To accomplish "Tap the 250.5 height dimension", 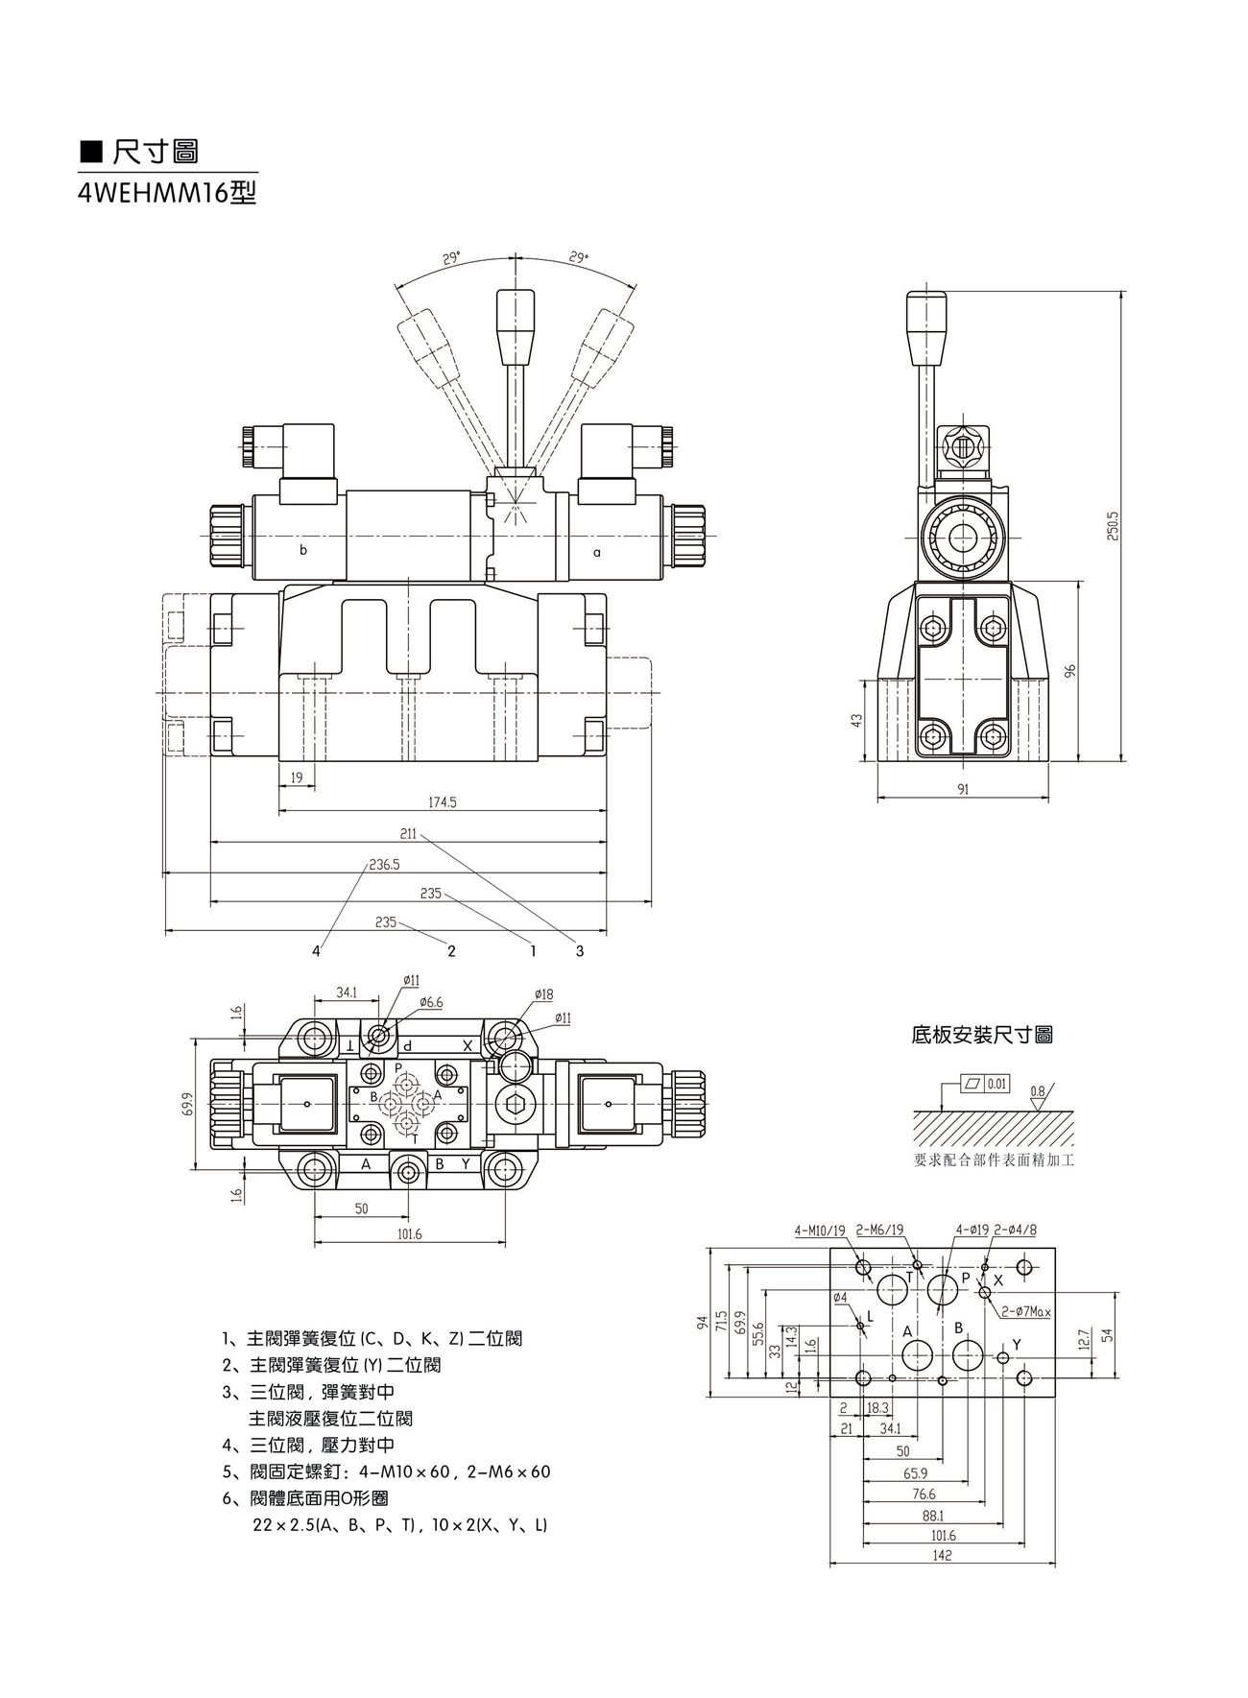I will (x=1112, y=526).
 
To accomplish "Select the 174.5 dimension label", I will (x=442, y=802).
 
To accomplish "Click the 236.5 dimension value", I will (x=384, y=864).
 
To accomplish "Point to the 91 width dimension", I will (x=963, y=789).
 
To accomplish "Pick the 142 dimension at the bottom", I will (x=942, y=1556).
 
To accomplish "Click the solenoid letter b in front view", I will (x=303, y=551).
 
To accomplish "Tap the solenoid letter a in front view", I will (x=596, y=552).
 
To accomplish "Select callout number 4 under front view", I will (x=316, y=951).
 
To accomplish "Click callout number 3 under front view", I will (x=580, y=951).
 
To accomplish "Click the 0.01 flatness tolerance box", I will (x=996, y=1084).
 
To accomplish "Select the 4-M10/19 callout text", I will (x=820, y=1231).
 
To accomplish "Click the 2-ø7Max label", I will (x=1026, y=1311).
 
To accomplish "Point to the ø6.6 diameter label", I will (x=431, y=1002).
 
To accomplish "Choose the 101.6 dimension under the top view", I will (x=409, y=1234).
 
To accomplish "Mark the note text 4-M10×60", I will (x=404, y=1471).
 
